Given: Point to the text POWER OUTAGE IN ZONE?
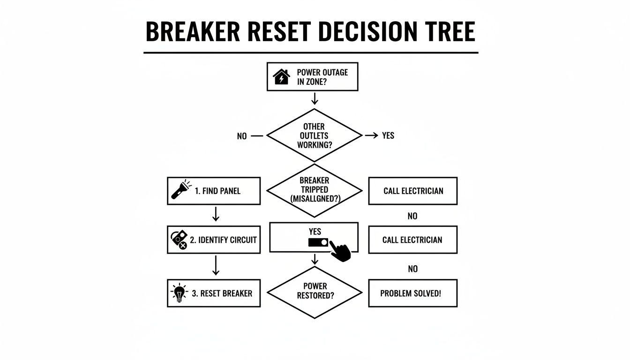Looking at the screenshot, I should [x=322, y=77].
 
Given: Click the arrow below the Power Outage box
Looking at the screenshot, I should [x=315, y=98].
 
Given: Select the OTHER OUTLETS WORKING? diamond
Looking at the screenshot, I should [x=314, y=136].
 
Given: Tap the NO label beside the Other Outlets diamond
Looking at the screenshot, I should [x=242, y=136].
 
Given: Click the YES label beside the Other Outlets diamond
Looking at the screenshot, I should [x=388, y=136].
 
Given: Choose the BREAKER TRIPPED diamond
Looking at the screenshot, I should [x=314, y=190].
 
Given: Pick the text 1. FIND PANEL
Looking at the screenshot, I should [x=217, y=191].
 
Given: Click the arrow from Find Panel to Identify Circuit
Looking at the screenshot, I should [x=215, y=215].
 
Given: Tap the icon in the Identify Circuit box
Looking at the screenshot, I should [x=178, y=240].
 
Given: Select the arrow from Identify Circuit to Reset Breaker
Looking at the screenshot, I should [x=215, y=266].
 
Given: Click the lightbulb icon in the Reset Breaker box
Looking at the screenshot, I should [x=178, y=293].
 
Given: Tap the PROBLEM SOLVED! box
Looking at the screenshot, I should [x=412, y=293].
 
